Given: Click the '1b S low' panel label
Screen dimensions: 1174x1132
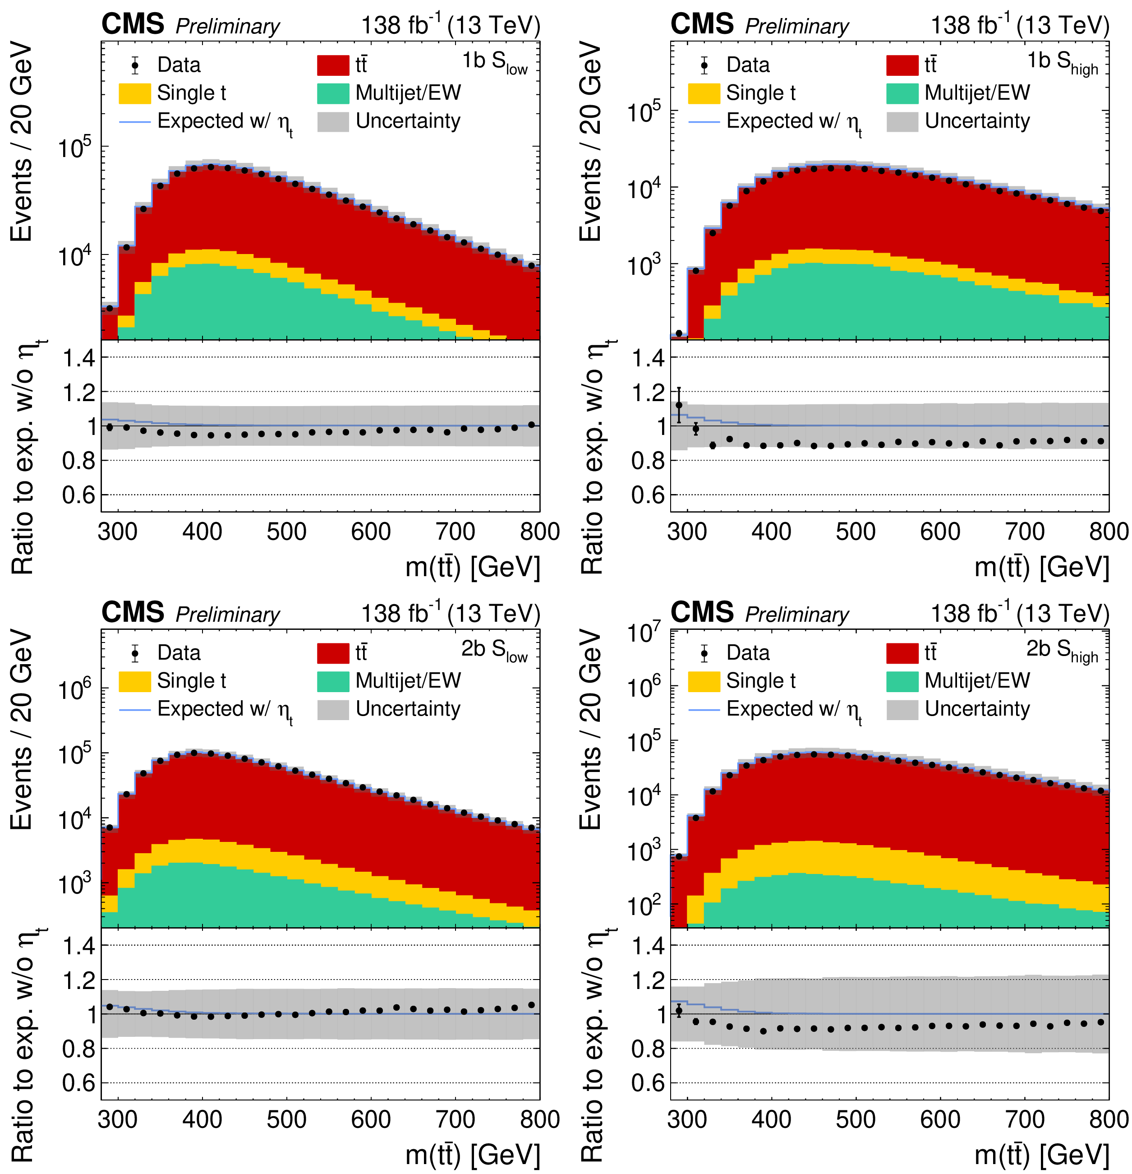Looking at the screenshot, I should point(494,62).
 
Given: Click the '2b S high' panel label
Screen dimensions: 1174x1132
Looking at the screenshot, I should point(1062,651).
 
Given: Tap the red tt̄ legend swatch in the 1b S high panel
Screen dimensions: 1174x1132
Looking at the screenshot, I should point(902,65).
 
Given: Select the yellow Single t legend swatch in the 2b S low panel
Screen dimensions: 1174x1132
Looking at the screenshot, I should point(135,681).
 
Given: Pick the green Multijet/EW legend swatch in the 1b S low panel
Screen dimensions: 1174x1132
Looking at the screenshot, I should point(333,93).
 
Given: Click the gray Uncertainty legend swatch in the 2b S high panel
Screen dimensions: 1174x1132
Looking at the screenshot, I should point(902,709).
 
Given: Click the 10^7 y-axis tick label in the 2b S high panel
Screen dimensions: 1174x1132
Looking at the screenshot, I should point(644,633).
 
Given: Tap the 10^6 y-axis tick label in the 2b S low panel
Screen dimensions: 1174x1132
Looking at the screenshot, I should point(75,691).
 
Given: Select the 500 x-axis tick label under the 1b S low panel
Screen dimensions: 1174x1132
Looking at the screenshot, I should point(287,532).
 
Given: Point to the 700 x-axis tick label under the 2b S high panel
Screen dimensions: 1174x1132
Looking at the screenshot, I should point(1025,1119).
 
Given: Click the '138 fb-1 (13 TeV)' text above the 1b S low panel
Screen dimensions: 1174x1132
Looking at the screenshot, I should point(450,25).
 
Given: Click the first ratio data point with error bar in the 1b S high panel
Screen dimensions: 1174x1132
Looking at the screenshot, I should point(679,405).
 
